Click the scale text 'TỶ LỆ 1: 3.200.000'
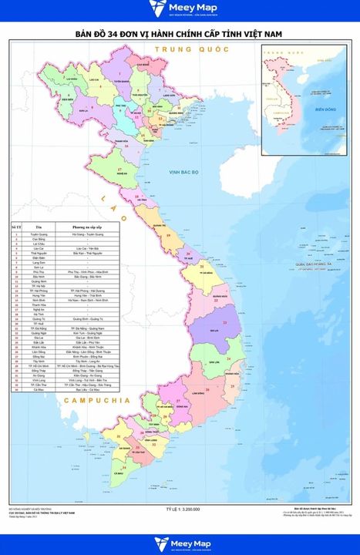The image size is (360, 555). point(183,510)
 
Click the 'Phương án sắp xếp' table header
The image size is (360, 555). point(87,227)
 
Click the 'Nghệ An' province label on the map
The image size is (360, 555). point(122,175)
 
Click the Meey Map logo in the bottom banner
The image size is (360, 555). point(180,543)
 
